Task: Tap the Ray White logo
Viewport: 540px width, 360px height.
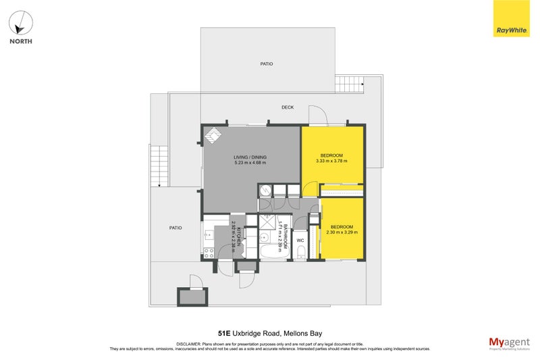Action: click(511, 18)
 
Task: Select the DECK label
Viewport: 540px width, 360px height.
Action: click(288, 107)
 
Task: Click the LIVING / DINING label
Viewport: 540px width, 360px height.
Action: click(250, 156)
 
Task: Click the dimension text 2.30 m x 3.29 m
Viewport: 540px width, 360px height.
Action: click(342, 232)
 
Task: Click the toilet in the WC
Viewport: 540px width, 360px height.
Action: click(301, 253)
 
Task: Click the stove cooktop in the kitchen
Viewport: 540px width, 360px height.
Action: click(209, 254)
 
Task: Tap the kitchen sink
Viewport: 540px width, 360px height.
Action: click(209, 236)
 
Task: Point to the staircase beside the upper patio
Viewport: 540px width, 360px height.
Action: click(348, 84)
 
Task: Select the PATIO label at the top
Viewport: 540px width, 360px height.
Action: click(267, 63)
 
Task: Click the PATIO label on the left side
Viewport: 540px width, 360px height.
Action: click(175, 228)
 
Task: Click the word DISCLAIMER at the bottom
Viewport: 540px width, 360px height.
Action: click(190, 344)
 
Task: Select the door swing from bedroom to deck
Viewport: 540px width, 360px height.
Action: click(317, 115)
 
